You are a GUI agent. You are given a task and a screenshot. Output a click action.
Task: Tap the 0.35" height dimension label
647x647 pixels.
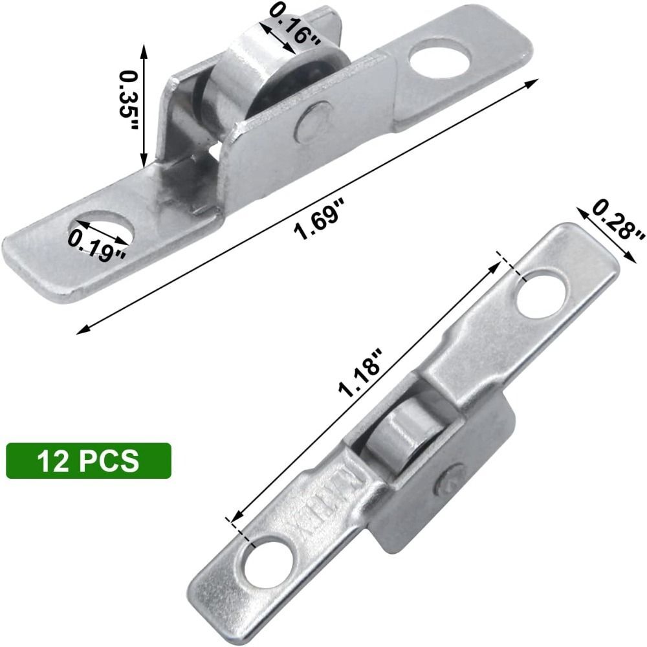coord(129,100)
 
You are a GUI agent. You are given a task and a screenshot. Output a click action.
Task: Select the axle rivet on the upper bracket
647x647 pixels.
coord(313,122)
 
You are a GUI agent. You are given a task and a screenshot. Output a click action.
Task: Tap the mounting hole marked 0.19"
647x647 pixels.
coord(104,230)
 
